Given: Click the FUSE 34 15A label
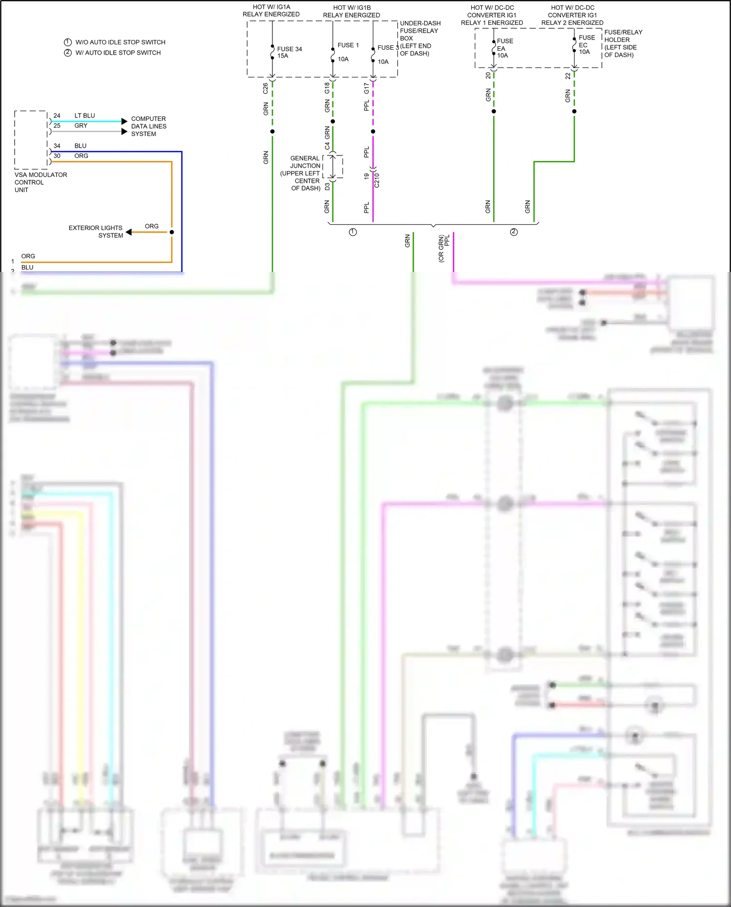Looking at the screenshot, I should point(289,52).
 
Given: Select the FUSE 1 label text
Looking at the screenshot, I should point(348,45).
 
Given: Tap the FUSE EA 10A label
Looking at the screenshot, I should point(504,48).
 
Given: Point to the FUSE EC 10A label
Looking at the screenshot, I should point(586,45).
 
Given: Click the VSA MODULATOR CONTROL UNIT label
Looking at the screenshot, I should point(40,182).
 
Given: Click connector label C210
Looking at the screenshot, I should point(377,180).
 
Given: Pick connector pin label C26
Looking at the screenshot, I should point(265,88).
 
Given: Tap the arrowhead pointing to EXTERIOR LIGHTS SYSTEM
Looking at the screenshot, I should point(129,232).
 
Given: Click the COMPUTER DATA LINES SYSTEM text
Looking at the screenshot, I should point(148,126).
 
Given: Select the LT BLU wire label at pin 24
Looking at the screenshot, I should point(84,116).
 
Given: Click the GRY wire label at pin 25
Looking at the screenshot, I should point(81,126).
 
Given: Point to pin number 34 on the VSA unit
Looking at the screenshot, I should point(57,146).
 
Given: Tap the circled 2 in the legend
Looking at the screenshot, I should point(68,53).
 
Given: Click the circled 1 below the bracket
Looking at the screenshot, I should point(353,232).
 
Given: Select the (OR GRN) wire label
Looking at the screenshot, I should point(441,249).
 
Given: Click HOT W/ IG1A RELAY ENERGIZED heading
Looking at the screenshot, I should point(271,11).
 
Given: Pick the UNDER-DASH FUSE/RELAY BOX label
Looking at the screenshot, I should point(420,38).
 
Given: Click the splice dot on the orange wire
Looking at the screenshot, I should point(172,232).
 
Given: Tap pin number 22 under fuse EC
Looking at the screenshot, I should point(568,76).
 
